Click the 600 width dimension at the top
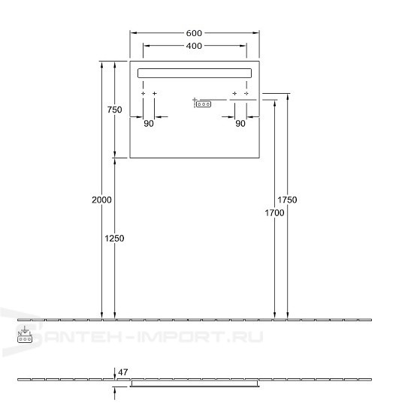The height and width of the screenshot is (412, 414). pos(195,33)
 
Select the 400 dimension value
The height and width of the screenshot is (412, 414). pos(195,47)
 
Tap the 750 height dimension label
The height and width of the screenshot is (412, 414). pos(114,110)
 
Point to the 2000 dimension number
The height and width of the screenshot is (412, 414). pos(101,200)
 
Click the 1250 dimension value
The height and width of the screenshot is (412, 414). pos(114,238)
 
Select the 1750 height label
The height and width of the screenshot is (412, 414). pos(287,200)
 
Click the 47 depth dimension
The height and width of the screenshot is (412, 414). pos(124,371)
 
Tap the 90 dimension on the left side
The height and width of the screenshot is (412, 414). pos(149,124)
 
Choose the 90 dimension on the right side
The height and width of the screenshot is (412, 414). pos(240,124)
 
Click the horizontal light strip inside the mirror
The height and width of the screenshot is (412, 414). pos(195,73)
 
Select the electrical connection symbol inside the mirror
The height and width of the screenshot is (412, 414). pos(203,104)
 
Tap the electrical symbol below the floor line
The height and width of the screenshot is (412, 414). pos(25,335)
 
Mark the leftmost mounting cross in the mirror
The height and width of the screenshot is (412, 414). pos(143,94)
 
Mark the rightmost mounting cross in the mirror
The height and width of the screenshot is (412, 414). pos(246,94)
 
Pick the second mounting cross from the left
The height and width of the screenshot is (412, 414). pos(155,94)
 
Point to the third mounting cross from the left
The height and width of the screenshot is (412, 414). pos(234,94)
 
